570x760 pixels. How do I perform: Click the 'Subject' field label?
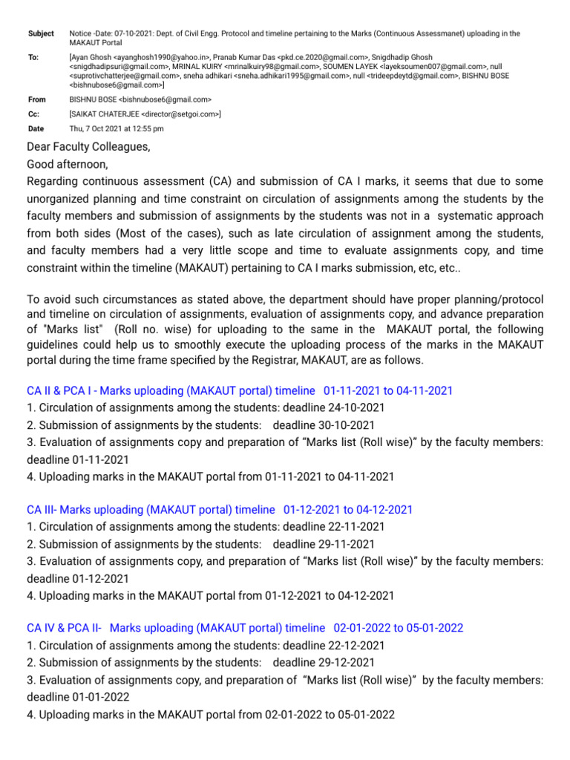click(x=40, y=33)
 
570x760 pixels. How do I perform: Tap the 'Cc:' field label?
click(x=33, y=114)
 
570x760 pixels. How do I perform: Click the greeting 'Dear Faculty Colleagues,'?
click(x=88, y=147)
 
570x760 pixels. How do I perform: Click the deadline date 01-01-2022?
click(x=78, y=697)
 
